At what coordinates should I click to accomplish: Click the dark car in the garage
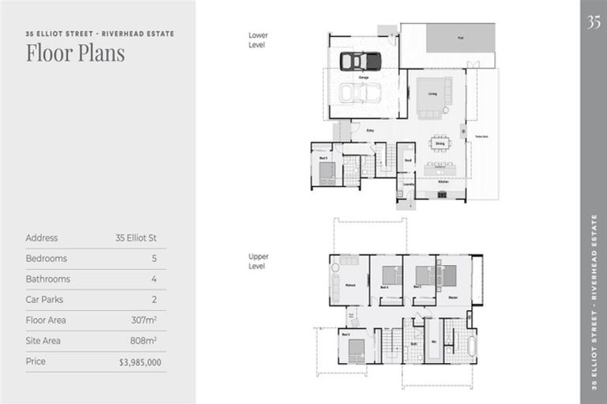pos(360,61)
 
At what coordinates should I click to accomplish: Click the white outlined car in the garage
pos(360,92)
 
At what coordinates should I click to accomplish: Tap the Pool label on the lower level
pos(460,38)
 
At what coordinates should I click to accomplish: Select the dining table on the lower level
pos(439,144)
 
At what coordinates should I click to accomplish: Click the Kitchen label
pos(443,181)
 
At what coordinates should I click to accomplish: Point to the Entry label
pos(370,130)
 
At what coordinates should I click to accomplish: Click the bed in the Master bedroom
pos(447,275)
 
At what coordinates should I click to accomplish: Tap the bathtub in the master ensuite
pos(472,346)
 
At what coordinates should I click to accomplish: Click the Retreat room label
pos(349,286)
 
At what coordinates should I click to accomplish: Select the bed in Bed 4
pos(391,275)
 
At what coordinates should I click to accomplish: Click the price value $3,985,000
pos(141,362)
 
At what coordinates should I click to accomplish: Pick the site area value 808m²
pos(144,341)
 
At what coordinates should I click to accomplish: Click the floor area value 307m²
pos(144,320)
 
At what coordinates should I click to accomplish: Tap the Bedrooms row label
pos(46,259)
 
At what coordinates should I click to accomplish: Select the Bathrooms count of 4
pos(154,279)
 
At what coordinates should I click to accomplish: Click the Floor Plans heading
pos(75,54)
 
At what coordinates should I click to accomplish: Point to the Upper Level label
pos(258,261)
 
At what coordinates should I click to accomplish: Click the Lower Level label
pos(258,40)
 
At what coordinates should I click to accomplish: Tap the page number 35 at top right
pos(594,22)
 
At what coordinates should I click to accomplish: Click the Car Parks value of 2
pos(154,300)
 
